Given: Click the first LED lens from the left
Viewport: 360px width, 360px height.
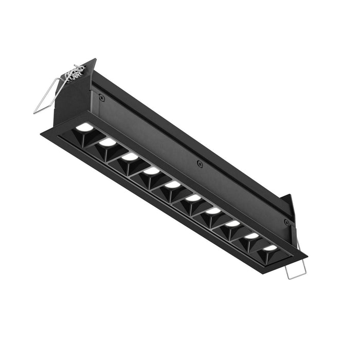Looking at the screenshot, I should [85, 126].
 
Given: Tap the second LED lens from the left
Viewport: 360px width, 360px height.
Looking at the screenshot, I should [107, 141].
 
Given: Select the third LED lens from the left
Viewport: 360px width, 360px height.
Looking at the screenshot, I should [130, 156].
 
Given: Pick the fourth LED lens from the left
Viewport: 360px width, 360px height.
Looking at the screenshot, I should [152, 170].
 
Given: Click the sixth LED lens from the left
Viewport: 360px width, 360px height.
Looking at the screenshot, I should [193, 197].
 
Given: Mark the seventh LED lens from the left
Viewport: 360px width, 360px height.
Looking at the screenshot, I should [213, 210].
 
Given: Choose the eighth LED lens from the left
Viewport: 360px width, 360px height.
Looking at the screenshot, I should [232, 223].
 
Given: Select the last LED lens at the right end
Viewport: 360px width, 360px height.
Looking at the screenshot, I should [270, 248].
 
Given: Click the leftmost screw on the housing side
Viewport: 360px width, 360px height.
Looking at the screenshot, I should [102, 97].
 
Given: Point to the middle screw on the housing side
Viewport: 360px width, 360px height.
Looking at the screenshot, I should [200, 164].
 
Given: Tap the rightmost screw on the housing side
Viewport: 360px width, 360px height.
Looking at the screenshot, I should [286, 222].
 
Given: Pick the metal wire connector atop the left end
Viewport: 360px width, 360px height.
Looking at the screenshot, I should [75, 73].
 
